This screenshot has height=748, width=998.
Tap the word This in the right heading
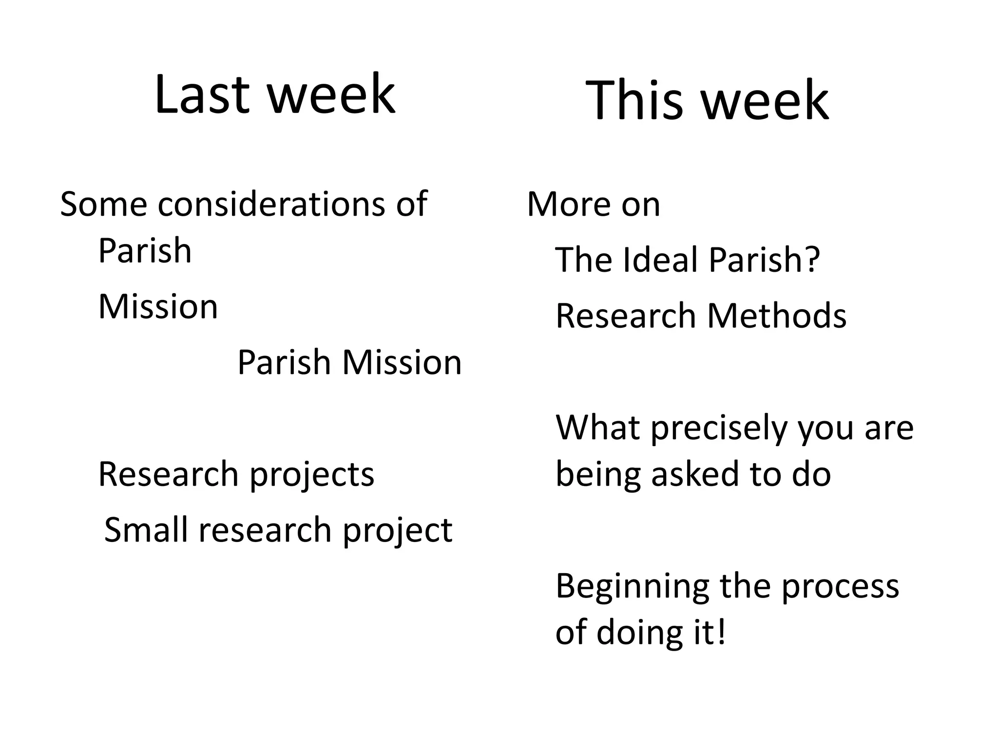633,101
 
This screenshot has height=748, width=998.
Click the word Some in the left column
103,204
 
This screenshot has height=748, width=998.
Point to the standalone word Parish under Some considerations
145,251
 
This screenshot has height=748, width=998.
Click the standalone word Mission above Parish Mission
158,307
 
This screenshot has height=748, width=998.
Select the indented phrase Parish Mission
349,363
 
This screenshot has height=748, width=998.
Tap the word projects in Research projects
312,475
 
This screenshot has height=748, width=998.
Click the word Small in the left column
146,530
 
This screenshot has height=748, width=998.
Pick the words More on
593,204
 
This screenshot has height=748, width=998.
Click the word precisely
719,428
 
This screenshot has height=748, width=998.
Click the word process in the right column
840,587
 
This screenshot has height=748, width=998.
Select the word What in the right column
598,428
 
